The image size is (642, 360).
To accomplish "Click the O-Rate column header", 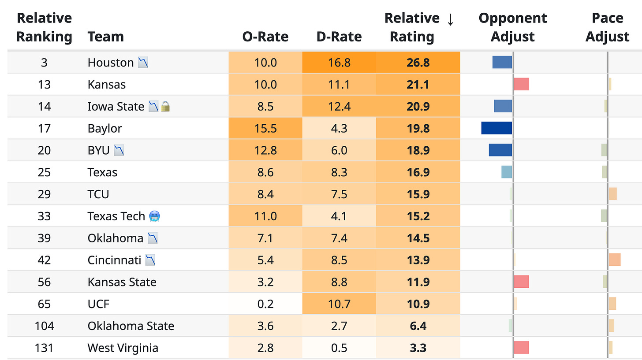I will point(265,37).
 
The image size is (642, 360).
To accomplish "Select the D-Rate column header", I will point(339,37).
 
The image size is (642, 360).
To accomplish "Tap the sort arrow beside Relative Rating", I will point(450,19).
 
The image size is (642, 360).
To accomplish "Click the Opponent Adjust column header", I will point(512,27).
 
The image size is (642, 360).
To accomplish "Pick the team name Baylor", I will point(105,128).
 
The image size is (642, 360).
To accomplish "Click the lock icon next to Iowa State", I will point(165,106).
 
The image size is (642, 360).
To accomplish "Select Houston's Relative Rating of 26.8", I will point(418,63).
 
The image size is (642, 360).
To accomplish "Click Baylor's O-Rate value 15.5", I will point(265,128).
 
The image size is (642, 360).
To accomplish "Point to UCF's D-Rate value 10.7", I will point(339,304).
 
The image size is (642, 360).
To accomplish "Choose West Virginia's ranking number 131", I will point(44,348).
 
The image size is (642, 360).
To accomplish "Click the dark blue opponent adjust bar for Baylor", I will point(496,128).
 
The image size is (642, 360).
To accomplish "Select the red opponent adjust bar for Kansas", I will point(521,84).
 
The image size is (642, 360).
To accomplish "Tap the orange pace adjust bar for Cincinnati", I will point(615,260).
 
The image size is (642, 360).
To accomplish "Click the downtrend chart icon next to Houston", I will point(143,63).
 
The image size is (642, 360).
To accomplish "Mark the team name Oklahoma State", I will point(131,326).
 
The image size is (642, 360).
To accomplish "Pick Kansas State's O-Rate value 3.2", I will point(265,282).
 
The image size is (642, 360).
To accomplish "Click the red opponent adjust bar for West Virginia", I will point(521,348).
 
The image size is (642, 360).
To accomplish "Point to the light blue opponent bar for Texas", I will point(507,172).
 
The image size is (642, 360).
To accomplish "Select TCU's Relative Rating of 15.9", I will point(418,194).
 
